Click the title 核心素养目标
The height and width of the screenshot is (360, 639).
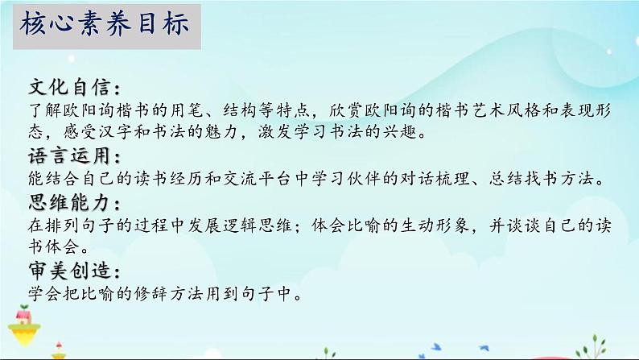click(x=105, y=23)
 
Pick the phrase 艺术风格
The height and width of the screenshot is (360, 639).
click(x=505, y=110)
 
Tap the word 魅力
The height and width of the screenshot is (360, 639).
click(x=221, y=132)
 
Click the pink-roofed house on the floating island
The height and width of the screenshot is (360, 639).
click(x=23, y=316)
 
